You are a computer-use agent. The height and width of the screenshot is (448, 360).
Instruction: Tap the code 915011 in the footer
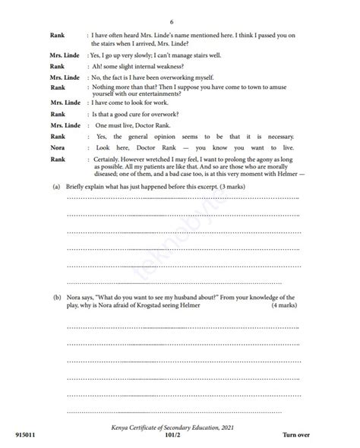click(25, 435)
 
